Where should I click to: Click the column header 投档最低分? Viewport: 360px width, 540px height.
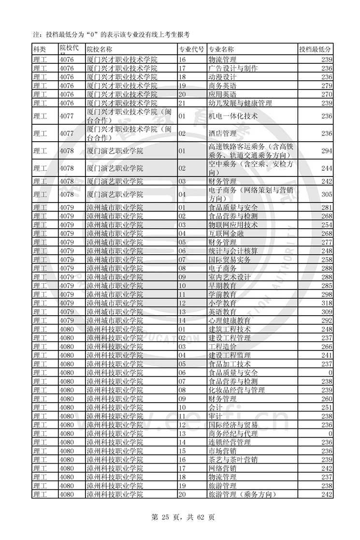315,50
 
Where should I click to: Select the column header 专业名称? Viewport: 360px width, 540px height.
221,50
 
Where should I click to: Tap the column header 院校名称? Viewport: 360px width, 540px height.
100,50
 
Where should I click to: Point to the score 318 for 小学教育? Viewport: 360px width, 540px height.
327,303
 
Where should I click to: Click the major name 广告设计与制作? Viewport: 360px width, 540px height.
232,69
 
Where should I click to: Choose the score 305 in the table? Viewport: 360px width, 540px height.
327,194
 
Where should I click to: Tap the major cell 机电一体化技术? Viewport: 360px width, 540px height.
232,116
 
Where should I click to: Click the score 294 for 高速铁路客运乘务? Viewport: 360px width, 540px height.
327,151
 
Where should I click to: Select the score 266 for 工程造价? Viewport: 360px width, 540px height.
327,347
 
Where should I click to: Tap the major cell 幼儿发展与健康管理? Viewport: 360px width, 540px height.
240,103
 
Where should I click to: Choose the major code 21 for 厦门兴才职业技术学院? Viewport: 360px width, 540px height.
183,103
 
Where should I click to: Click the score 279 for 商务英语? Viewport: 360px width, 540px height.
327,86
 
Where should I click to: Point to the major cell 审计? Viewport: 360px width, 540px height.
216,416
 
